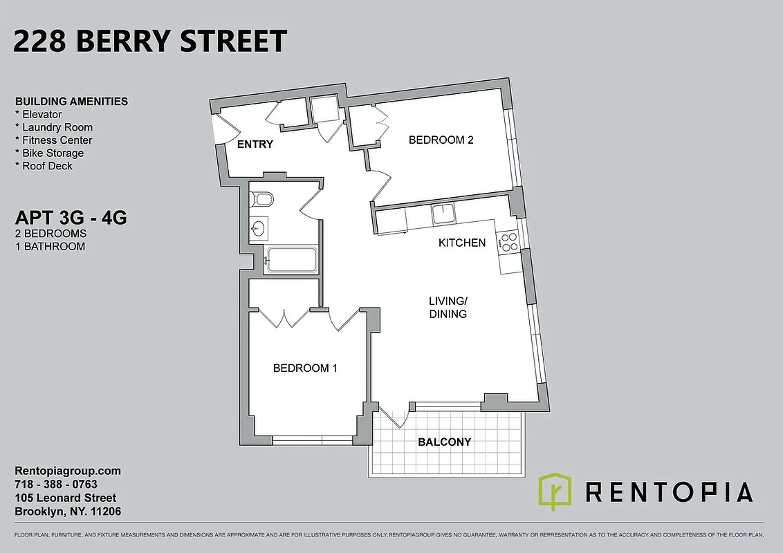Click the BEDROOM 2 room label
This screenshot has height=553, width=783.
click(441, 140)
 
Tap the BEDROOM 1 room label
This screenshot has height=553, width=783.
click(305, 368)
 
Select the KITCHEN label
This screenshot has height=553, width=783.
click(462, 243)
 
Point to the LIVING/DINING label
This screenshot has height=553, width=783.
click(448, 307)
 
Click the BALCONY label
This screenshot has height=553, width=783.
click(444, 442)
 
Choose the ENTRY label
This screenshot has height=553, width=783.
click(255, 144)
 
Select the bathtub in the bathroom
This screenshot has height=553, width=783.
click(291, 260)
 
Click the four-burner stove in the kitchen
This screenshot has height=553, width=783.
click(510, 241)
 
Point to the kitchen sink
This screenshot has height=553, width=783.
click(443, 214)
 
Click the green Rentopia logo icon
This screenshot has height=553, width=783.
click(555, 491)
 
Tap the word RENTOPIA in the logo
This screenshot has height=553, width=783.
click(669, 492)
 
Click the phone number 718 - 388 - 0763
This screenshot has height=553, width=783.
click(56, 485)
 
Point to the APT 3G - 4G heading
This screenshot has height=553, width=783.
click(71, 218)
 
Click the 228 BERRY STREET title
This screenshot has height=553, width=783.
click(150, 41)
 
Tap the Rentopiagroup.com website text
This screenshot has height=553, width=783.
click(68, 471)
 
